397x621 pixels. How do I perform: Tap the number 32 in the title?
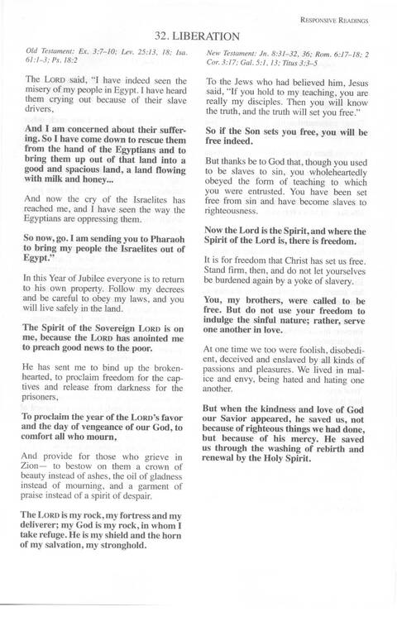point(163,36)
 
